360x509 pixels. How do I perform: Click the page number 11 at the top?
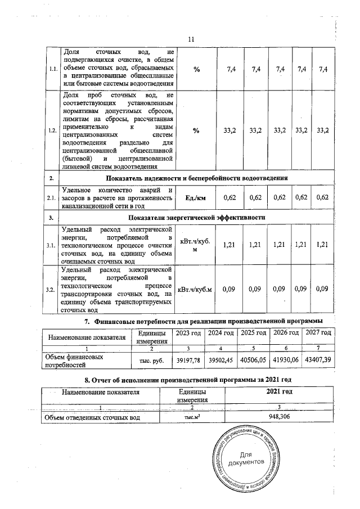point(191,39)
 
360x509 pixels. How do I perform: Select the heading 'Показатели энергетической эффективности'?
point(197,217)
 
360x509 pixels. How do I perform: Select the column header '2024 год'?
point(220,333)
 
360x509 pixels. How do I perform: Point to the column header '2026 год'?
point(285,333)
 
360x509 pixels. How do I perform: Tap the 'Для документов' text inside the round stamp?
point(248,457)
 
